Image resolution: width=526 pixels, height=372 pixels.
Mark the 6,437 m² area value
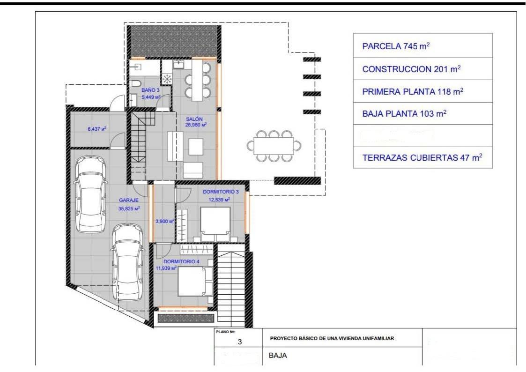tap(97, 128)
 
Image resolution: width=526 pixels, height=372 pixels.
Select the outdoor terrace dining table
tap(274, 145)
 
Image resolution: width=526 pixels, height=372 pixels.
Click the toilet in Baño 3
tap(135, 84)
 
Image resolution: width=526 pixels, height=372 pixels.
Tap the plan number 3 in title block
tap(239, 342)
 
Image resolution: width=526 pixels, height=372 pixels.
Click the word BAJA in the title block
tap(278, 355)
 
